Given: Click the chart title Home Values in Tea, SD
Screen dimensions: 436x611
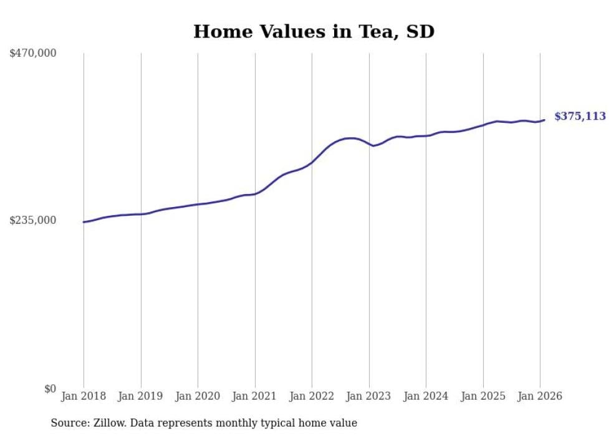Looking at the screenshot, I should point(314,32).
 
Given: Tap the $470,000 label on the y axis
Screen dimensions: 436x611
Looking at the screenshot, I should point(33,54).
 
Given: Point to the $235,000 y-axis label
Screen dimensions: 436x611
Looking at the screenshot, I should point(33,220).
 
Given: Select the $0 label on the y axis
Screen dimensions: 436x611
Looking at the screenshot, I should point(50,389).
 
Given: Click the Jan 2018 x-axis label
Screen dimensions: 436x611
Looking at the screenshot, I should point(84,397).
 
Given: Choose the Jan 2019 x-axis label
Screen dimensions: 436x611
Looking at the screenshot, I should point(141,397).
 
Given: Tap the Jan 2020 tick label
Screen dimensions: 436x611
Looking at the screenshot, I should point(198,397).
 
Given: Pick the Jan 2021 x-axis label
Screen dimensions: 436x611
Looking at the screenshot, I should point(255,397).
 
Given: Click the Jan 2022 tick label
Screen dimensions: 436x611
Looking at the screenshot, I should point(312,397).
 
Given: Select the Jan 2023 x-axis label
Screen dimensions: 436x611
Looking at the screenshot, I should point(369,397).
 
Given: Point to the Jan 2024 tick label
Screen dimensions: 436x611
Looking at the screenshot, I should point(426,397).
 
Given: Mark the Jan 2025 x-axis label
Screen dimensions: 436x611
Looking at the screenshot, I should point(483,397).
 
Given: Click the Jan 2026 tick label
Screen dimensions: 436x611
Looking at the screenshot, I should point(540,397).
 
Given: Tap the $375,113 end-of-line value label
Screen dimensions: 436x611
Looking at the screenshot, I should point(580,117).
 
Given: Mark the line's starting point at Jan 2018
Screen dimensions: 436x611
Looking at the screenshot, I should point(84,222).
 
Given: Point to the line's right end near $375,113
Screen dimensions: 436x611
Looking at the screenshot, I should point(544,120).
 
